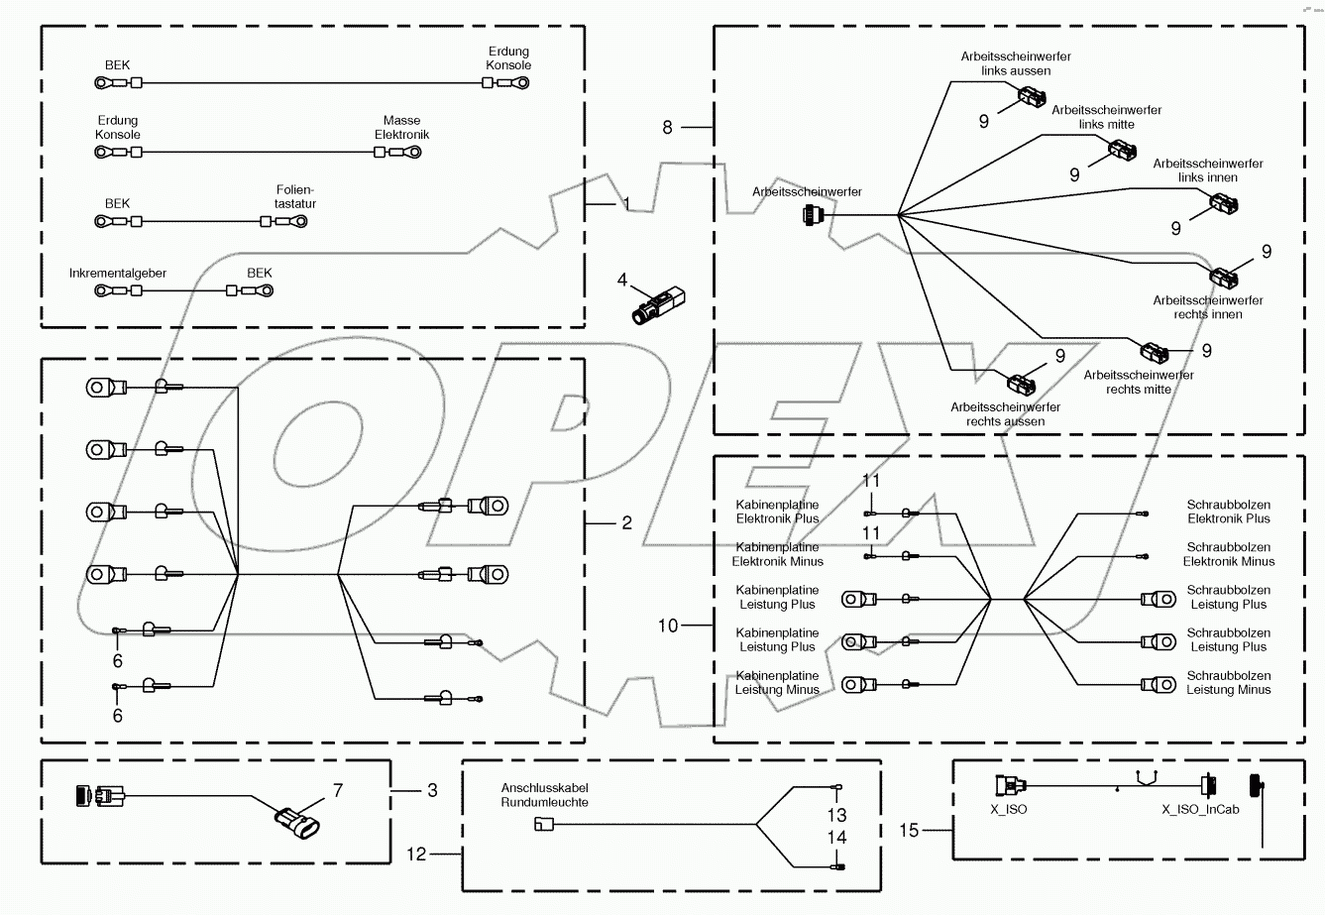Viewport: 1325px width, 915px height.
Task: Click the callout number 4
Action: [x=622, y=281]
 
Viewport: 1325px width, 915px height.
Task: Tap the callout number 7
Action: [x=337, y=790]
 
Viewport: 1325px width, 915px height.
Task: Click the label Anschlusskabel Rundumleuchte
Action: [x=544, y=795]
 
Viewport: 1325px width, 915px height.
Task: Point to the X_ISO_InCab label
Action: [x=1200, y=808]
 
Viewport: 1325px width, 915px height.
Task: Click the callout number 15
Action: [x=910, y=830]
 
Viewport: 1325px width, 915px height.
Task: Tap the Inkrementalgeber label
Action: [x=118, y=273]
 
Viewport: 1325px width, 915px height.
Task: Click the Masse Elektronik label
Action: [x=401, y=127]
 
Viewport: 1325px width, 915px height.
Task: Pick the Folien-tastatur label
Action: [x=295, y=196]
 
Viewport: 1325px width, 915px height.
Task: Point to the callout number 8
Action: [x=667, y=127]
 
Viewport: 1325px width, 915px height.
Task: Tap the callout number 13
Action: [x=837, y=814]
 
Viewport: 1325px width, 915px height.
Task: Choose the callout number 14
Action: [x=837, y=838]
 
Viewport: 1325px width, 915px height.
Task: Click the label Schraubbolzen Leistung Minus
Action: [x=1228, y=683]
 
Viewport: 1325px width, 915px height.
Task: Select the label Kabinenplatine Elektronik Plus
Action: [x=777, y=512]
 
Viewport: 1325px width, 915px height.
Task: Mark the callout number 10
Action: [x=668, y=626]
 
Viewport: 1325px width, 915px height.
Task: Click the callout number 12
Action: [x=417, y=853]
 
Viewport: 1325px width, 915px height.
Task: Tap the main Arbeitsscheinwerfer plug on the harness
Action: [x=813, y=214]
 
